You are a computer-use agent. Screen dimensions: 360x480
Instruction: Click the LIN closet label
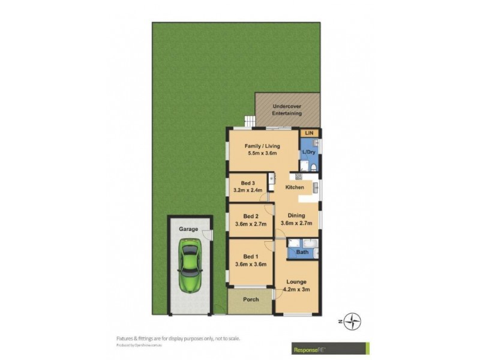coord(310,133)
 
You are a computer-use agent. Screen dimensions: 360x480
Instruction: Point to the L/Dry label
coord(308,152)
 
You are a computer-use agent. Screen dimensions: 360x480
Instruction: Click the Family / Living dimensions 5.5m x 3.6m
coord(262,154)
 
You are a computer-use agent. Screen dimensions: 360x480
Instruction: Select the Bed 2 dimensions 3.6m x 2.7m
coord(251,226)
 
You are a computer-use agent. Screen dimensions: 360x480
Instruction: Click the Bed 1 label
coord(251,254)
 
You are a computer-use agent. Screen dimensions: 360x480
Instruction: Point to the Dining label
coord(296,215)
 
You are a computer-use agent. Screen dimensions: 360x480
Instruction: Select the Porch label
coord(251,299)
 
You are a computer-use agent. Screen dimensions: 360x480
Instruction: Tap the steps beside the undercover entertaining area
coord(248,121)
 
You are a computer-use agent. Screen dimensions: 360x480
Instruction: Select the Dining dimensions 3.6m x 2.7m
coord(296,224)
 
